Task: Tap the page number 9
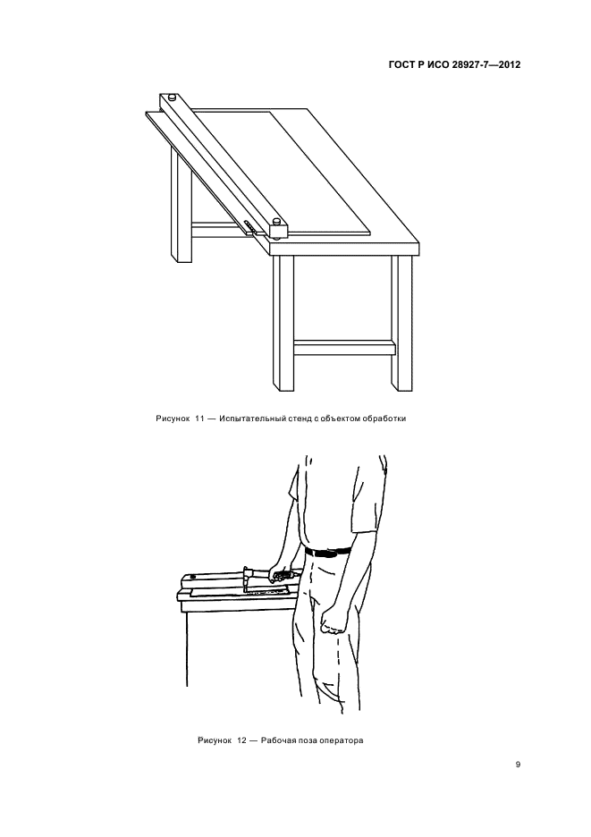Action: point(518,765)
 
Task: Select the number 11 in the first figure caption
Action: point(199,418)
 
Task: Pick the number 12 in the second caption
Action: point(241,740)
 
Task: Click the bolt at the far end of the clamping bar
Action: point(172,97)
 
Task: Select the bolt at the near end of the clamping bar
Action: point(276,221)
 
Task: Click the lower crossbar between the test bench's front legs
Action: point(344,348)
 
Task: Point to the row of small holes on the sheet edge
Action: point(249,226)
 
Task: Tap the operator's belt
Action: point(328,553)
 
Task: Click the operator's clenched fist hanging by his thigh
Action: point(331,622)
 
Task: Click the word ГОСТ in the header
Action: point(401,65)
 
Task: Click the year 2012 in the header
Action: point(509,65)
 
